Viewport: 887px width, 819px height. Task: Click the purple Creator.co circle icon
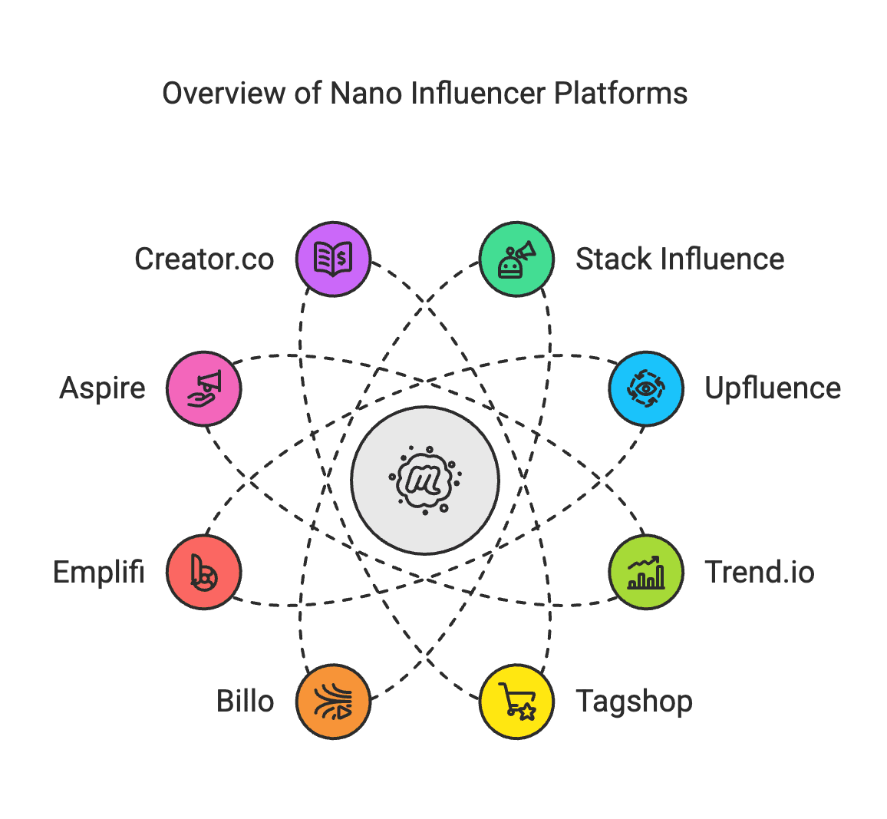[x=334, y=259]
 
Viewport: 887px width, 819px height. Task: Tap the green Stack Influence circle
[x=516, y=259]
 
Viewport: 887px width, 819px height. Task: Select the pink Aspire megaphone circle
[x=204, y=388]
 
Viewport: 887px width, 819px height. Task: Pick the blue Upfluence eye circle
[x=646, y=388]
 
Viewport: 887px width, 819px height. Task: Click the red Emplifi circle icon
[x=204, y=573]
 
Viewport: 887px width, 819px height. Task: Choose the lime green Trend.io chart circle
[x=646, y=573]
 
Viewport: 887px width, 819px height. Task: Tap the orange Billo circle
[x=334, y=702]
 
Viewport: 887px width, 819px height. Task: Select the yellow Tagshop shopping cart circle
[x=516, y=702]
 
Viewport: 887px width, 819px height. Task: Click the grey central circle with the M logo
[x=425, y=481]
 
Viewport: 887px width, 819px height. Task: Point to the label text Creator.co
[x=204, y=259]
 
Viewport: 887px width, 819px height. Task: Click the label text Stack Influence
[x=680, y=259]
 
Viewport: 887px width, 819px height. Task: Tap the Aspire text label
[x=103, y=388]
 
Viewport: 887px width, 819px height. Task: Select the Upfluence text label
[x=773, y=388]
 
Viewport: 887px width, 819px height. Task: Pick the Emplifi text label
[x=99, y=573]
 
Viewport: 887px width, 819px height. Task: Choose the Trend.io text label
[x=759, y=573]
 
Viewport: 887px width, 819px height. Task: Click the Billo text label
[x=246, y=702]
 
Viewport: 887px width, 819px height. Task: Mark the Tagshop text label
[x=634, y=702]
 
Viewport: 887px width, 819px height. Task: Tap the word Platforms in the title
[x=620, y=94]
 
